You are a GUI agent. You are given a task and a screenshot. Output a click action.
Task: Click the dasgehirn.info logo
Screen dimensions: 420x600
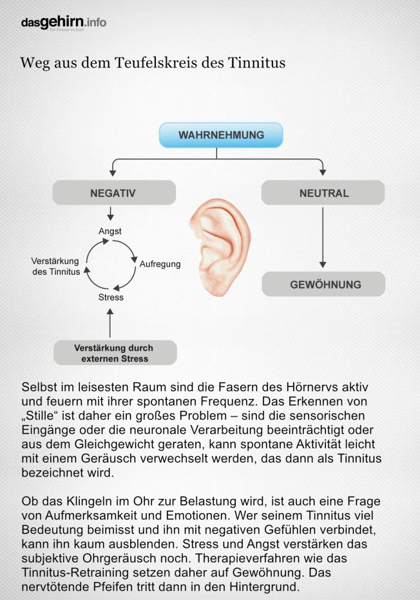63,22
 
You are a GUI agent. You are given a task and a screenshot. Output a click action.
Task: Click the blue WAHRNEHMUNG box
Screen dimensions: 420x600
221,135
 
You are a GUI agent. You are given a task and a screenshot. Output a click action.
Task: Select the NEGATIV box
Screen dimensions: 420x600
114,193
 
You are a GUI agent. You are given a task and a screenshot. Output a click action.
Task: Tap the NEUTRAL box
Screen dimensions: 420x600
323,193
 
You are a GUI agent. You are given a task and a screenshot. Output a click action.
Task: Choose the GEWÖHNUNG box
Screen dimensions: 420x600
324,285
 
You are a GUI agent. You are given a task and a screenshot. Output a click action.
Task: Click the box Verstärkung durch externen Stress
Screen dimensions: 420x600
115,353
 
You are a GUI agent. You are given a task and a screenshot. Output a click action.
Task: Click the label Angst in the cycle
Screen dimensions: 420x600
110,231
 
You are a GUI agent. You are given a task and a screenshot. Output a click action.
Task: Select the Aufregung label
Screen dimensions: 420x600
160,264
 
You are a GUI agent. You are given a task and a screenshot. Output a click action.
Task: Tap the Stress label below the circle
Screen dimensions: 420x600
111,297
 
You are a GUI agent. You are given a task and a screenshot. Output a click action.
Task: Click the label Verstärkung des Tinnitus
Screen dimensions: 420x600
55,266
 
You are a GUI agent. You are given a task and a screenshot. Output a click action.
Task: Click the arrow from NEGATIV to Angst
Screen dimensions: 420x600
110,213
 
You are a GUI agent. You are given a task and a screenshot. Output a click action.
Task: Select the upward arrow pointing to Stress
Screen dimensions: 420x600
110,323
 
